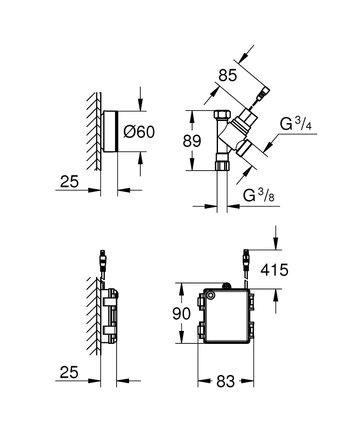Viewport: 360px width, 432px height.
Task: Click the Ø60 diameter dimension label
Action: [x=139, y=132]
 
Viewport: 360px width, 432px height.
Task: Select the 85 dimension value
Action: [x=227, y=76]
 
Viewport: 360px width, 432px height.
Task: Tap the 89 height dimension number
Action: [x=192, y=141]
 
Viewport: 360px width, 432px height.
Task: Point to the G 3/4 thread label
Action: [x=296, y=124]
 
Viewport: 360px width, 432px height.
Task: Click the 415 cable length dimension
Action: [x=274, y=270]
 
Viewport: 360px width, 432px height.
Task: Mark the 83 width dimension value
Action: [x=225, y=381]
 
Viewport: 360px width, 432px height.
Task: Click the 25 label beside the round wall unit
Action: [x=69, y=182]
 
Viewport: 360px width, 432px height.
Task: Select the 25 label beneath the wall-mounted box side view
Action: [x=69, y=372]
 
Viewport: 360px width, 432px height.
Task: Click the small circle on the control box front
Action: [x=211, y=295]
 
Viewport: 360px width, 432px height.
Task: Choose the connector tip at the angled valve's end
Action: [x=264, y=92]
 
